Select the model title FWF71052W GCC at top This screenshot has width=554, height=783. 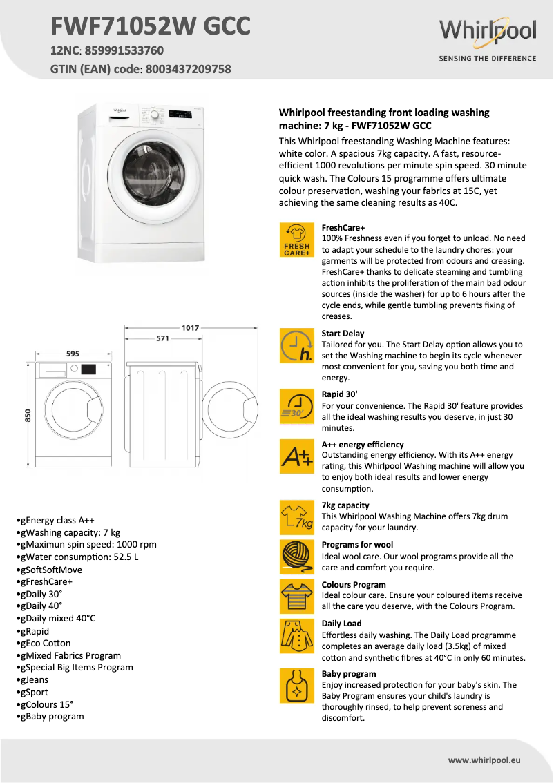pos(151,26)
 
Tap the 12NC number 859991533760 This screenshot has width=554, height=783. pos(124,50)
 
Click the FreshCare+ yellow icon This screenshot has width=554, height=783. pos(296,240)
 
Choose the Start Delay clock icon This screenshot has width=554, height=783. pos(296,345)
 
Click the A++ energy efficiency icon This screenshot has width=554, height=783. pos(296,456)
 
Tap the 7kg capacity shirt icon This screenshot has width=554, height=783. pos(296,517)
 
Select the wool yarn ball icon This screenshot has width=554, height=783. pos(296,557)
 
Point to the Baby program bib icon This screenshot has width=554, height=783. pos(296,686)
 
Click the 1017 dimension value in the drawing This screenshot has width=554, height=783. pos(191,327)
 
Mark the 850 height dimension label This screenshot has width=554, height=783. pos(28,415)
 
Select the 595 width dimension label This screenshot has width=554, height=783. pos(73,353)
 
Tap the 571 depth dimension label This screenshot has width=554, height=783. pos(162,338)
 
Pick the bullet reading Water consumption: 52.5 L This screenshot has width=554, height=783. pos(79,557)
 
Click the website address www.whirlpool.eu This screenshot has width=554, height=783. pos(484,760)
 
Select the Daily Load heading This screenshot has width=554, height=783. pos(341,623)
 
